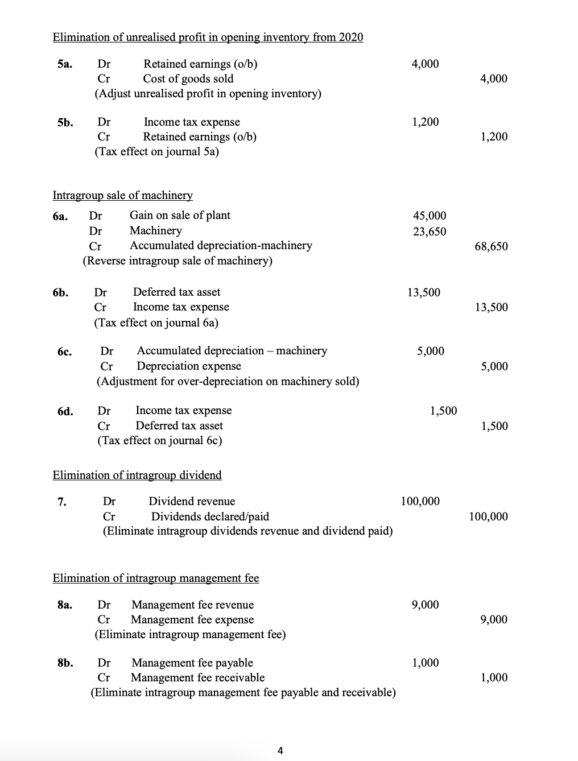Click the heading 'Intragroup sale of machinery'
tap(122, 196)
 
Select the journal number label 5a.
tap(65, 64)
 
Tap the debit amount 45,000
tap(430, 216)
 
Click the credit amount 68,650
tap(491, 246)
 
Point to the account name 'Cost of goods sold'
tap(188, 79)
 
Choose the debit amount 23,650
tap(430, 231)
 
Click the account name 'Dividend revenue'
tap(192, 501)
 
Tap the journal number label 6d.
tap(65, 411)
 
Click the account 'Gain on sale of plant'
tap(180, 216)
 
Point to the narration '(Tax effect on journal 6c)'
tap(159, 441)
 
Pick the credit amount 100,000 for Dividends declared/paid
tap(488, 516)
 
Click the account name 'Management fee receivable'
tap(197, 677)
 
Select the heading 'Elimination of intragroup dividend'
tap(137, 475)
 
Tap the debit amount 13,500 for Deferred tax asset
tap(424, 292)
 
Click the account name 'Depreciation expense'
tap(189, 366)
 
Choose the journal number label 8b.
tap(65, 663)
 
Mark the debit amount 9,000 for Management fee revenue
tap(426, 605)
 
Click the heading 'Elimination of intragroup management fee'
tap(155, 578)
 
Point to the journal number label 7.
tap(61, 502)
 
